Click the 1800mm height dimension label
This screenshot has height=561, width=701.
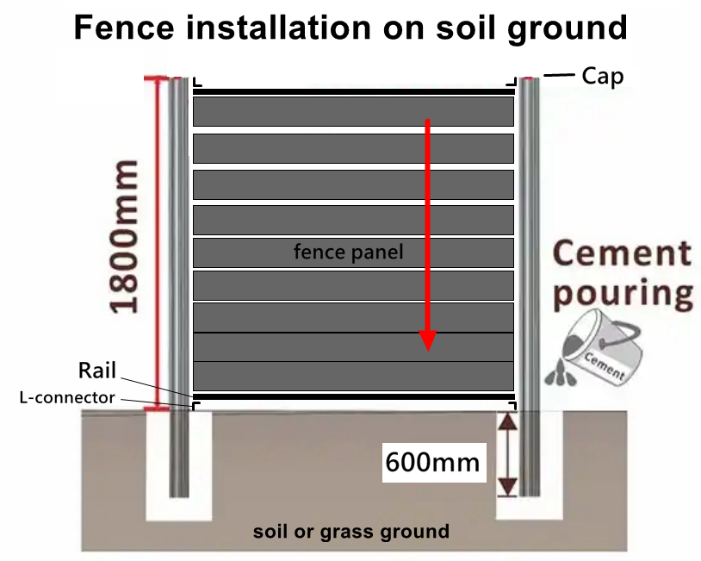tap(124, 236)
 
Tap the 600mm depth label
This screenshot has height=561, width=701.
tap(432, 462)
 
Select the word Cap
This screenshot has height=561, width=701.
tap(602, 76)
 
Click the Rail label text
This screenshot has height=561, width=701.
tap(97, 370)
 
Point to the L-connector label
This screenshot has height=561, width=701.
tap(67, 397)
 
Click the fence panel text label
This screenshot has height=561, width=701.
tap(348, 252)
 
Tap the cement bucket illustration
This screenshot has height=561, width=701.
tap(603, 346)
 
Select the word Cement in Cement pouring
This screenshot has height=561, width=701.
tap(623, 253)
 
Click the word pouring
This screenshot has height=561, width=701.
tap(623, 294)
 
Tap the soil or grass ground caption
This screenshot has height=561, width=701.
tap(351, 532)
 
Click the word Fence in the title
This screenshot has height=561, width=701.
tap(124, 28)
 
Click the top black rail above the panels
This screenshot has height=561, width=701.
tap(354, 91)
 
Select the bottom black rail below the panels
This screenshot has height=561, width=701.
tap(354, 396)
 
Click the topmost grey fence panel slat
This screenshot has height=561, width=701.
tap(353, 111)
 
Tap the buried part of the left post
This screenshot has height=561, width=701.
tap(179, 454)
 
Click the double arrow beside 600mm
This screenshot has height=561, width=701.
tap(507, 454)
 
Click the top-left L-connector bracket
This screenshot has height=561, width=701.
tap(196, 82)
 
